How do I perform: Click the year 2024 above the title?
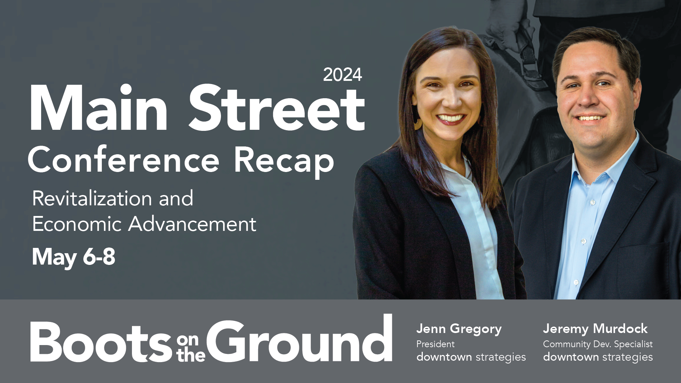(342, 75)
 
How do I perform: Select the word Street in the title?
(277, 109)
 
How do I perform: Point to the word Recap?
(284, 161)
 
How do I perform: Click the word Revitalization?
(91, 199)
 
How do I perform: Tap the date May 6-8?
(73, 257)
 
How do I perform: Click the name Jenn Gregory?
(459, 329)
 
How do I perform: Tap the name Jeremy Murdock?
(595, 329)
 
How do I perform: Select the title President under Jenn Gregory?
(435, 344)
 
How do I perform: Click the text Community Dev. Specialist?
(598, 344)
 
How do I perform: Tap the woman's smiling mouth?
(451, 119)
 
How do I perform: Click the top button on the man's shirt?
(592, 202)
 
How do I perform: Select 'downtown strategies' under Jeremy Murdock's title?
(598, 357)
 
